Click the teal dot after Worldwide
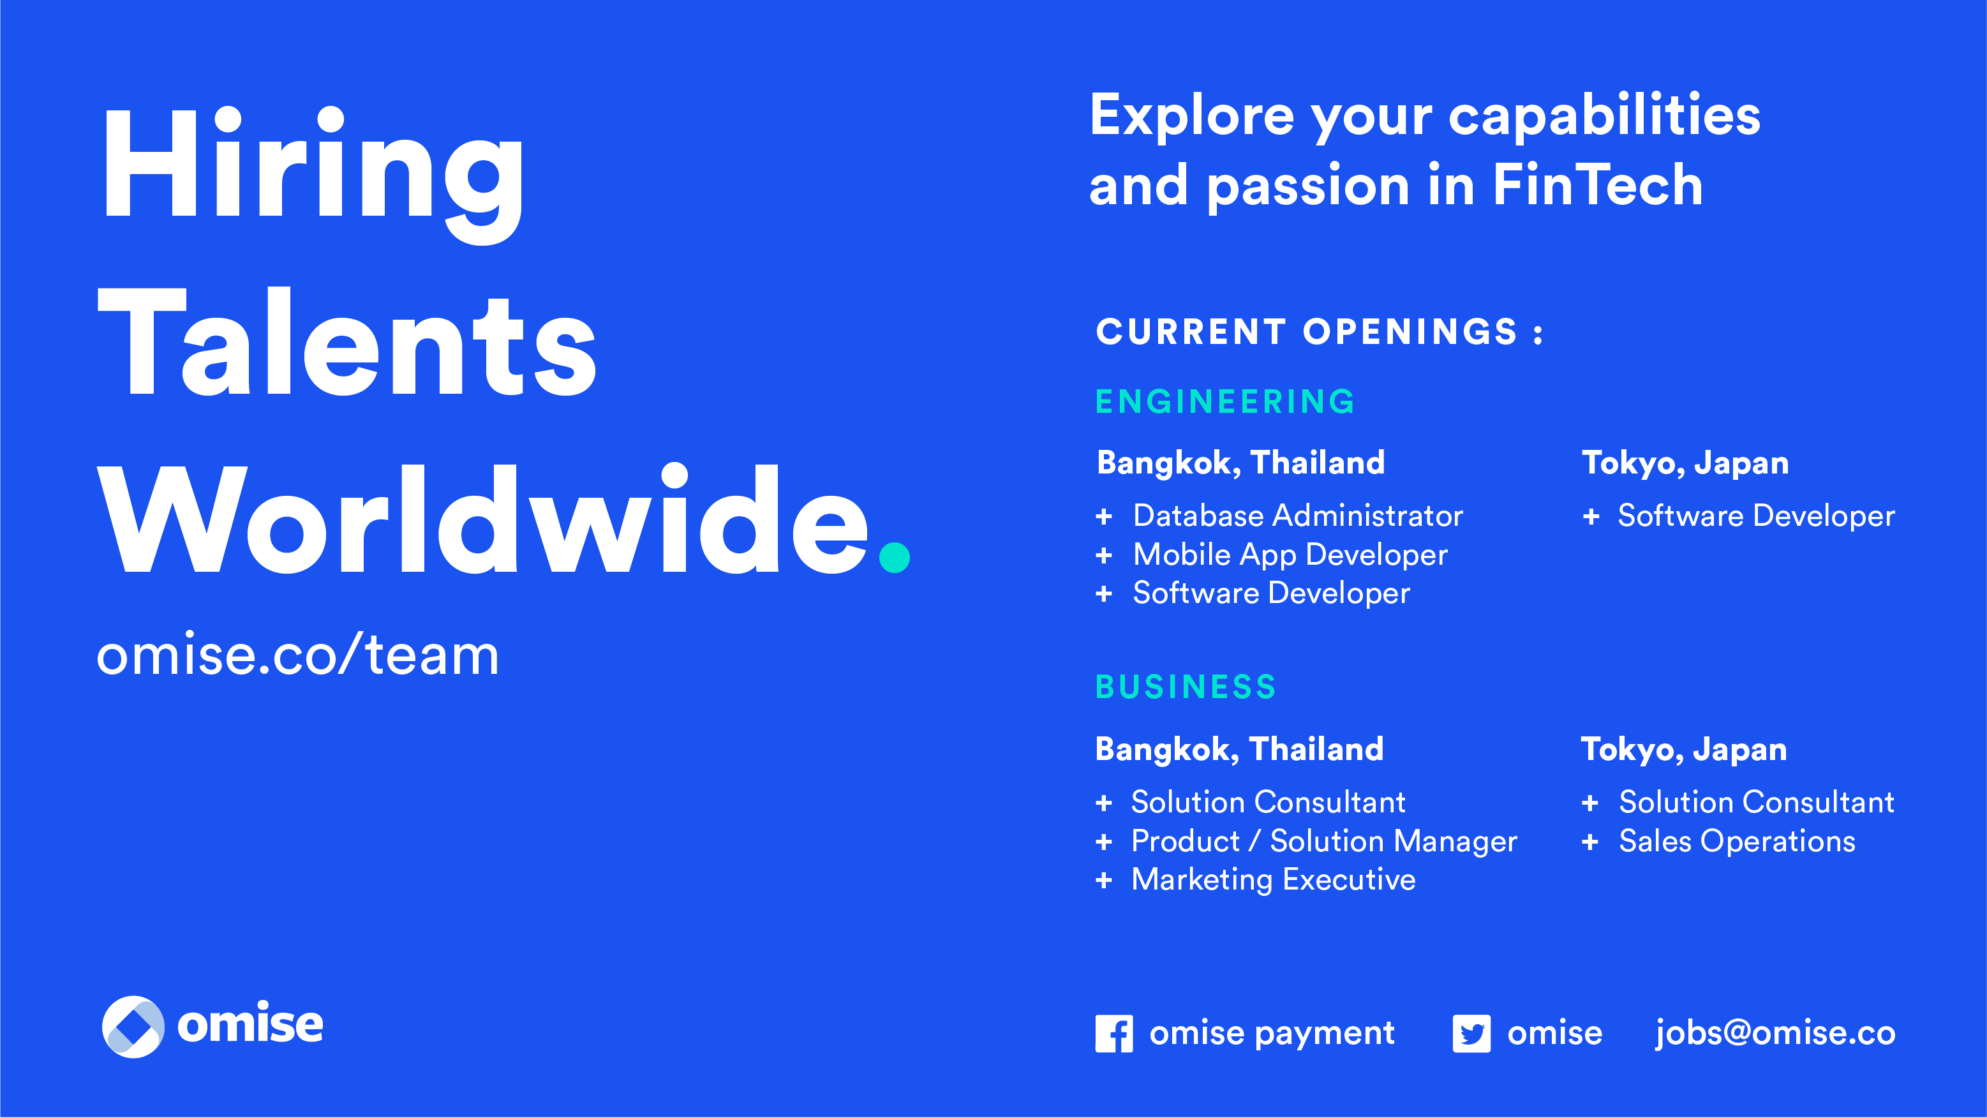895,557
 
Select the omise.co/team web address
298,655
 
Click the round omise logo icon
133,1027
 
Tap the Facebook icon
1114,1034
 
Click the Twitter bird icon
1471,1034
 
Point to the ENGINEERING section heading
1225,402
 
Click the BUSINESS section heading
1186,687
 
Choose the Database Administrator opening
1298,516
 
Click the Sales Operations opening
1737,842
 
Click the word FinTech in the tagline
1598,185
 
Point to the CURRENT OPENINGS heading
1319,332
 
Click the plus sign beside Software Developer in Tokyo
1591,516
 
